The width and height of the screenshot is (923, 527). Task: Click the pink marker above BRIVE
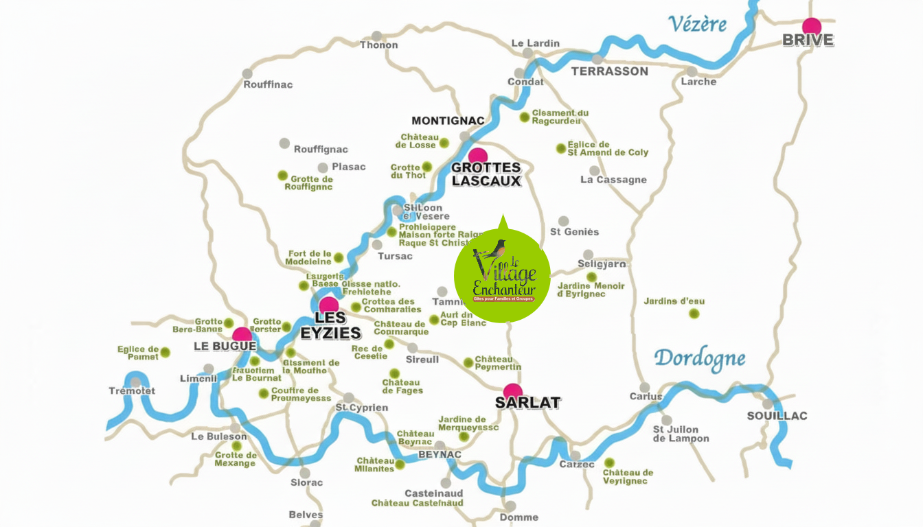(x=812, y=26)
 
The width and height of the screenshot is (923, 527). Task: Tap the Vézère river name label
(x=697, y=24)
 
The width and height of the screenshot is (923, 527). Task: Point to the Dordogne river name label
(x=699, y=358)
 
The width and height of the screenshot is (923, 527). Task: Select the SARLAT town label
(x=527, y=403)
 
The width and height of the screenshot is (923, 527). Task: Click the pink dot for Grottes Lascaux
(x=478, y=156)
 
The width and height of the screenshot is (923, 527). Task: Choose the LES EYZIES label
(x=330, y=326)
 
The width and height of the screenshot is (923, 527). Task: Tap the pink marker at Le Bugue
(x=242, y=336)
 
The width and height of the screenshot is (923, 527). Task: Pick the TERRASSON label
(x=609, y=71)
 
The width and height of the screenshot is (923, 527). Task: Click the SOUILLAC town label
(x=777, y=416)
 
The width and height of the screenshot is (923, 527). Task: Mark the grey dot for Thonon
(x=376, y=36)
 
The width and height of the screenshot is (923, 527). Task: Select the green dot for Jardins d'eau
(x=694, y=314)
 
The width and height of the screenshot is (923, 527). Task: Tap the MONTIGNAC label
(x=448, y=121)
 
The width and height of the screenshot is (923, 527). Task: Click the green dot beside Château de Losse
(x=444, y=143)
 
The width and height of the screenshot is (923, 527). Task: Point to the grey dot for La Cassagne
(x=594, y=170)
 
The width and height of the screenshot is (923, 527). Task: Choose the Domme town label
(x=519, y=517)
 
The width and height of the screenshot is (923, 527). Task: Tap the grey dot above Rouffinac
(x=247, y=73)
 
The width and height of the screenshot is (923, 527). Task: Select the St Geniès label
(x=575, y=232)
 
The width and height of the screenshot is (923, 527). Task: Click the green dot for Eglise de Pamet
(x=165, y=352)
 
